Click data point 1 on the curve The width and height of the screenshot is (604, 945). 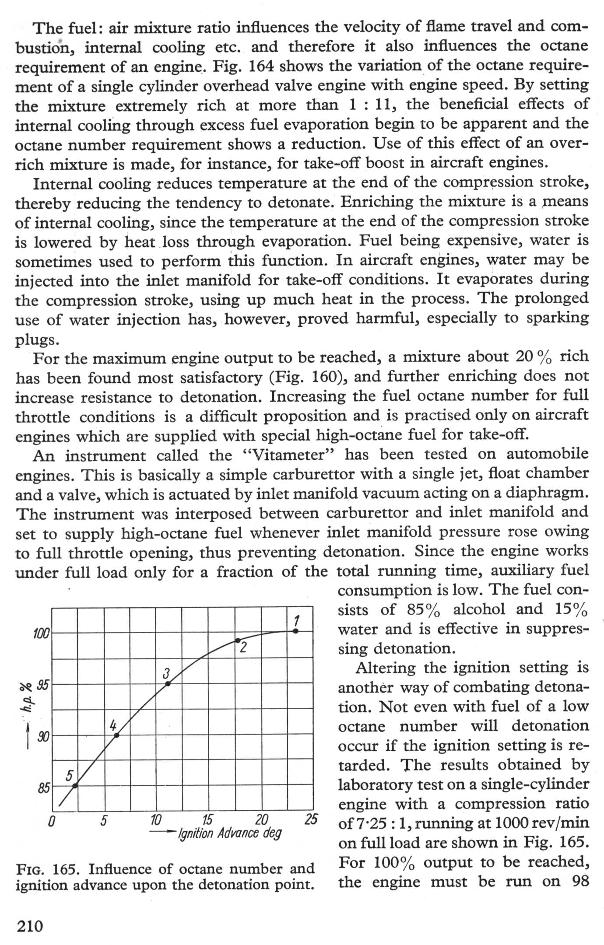coord(295,631)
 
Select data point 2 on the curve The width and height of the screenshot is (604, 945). coord(238,640)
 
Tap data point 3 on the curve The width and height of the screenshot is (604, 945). coord(168,683)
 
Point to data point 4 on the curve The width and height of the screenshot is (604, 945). coord(116,735)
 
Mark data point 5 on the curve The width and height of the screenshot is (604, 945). coord(75,786)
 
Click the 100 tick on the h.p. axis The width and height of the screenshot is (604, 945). coord(42,633)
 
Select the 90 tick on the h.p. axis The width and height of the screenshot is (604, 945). coord(43,737)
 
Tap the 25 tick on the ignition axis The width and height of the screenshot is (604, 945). coord(311,819)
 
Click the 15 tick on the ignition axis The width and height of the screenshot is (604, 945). coord(208,819)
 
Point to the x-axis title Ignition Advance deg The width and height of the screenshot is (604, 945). coord(229,833)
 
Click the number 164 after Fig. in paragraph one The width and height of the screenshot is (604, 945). coord(261,66)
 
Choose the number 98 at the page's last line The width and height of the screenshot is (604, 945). coord(580,881)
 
